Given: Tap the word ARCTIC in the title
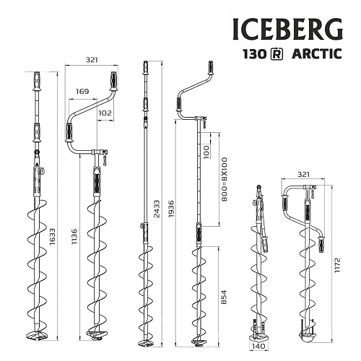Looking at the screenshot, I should (x=317, y=55).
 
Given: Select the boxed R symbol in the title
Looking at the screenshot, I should (x=276, y=55).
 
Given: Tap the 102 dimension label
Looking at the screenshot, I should (x=105, y=113).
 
